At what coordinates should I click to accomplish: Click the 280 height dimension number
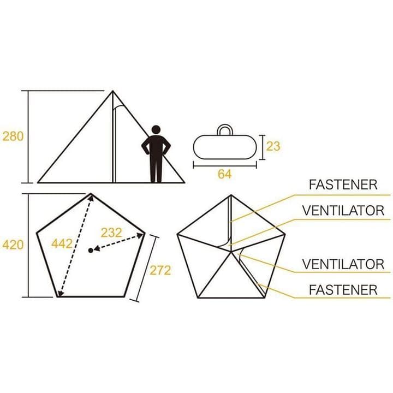13,136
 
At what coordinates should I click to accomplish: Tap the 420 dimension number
13,245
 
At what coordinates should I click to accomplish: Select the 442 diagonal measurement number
62,243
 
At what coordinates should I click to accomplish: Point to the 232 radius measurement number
111,233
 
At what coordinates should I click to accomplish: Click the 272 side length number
160,270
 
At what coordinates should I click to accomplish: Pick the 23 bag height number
273,146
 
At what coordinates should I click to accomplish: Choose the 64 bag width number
224,174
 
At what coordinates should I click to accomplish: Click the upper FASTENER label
343,184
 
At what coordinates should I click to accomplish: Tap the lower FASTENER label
343,290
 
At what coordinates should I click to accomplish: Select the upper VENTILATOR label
343,211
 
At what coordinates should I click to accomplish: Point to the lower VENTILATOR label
343,264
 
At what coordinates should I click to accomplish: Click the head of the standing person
156,129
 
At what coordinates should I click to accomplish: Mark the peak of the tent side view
112,91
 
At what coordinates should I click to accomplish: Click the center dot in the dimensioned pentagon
91,250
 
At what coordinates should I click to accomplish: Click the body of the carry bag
225,147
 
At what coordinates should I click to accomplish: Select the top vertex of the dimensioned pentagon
91,193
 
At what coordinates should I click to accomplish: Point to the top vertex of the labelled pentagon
231,195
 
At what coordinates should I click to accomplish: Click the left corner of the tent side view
38,182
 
